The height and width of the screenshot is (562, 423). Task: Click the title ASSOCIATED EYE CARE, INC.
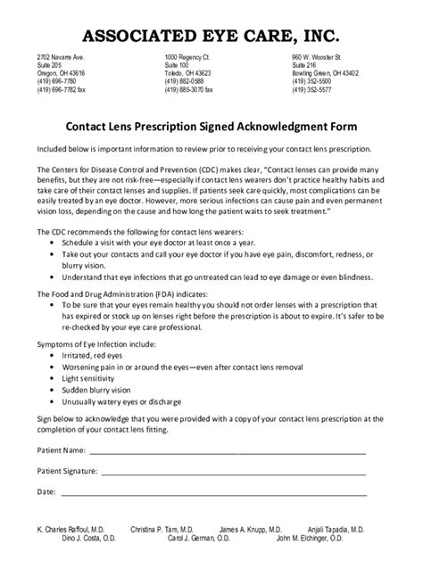(x=211, y=36)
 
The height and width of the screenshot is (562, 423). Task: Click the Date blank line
(x=214, y=492)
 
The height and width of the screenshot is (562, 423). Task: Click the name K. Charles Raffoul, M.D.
(x=71, y=529)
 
